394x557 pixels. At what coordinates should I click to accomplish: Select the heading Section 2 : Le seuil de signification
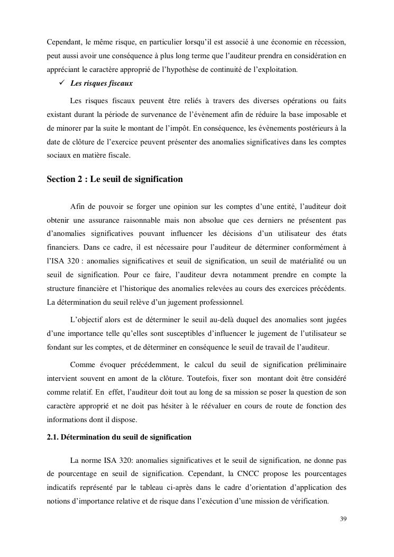tap(115, 179)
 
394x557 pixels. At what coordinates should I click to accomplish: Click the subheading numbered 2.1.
tap(119, 437)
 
